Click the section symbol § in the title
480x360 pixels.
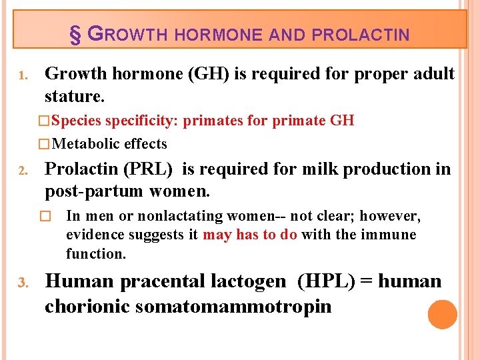pos(75,35)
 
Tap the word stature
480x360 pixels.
pos(75,96)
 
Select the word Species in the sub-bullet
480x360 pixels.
pos(77,121)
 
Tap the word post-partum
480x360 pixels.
pos(94,192)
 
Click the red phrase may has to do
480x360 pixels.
pos(250,235)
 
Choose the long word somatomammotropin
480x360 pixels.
pos(233,307)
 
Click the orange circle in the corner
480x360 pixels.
pos(443,315)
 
